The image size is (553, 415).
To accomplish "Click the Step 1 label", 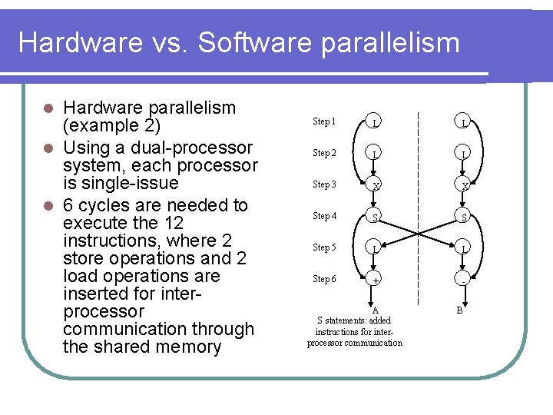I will (323, 121).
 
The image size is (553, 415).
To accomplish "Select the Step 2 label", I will (323, 153).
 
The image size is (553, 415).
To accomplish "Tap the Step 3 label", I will (323, 184).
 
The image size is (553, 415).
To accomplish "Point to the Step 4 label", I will (323, 216).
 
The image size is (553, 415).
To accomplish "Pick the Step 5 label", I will (323, 247).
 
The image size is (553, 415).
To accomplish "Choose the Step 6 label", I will (323, 279).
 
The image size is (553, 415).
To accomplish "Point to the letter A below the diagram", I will (376, 310).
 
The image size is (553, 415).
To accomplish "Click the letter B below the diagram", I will (459, 310).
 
